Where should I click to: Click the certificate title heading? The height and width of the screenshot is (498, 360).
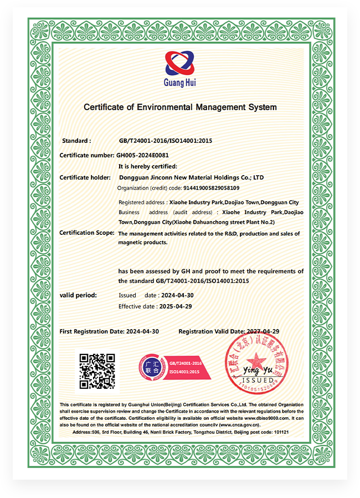pos(179,107)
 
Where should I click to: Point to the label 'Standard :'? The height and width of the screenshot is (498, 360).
pos(76,141)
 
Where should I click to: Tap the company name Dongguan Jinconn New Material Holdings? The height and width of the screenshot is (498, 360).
pos(192,177)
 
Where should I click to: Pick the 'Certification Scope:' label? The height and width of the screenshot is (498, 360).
pos(87,233)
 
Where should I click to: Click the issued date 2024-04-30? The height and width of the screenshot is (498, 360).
pos(176,295)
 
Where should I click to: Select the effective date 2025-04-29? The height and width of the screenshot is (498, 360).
pos(175,306)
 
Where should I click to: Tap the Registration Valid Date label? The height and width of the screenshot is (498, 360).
pos(212,331)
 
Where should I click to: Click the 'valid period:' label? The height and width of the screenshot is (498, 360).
pos(78,295)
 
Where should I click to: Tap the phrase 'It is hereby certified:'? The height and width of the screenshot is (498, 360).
pos(148,166)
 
